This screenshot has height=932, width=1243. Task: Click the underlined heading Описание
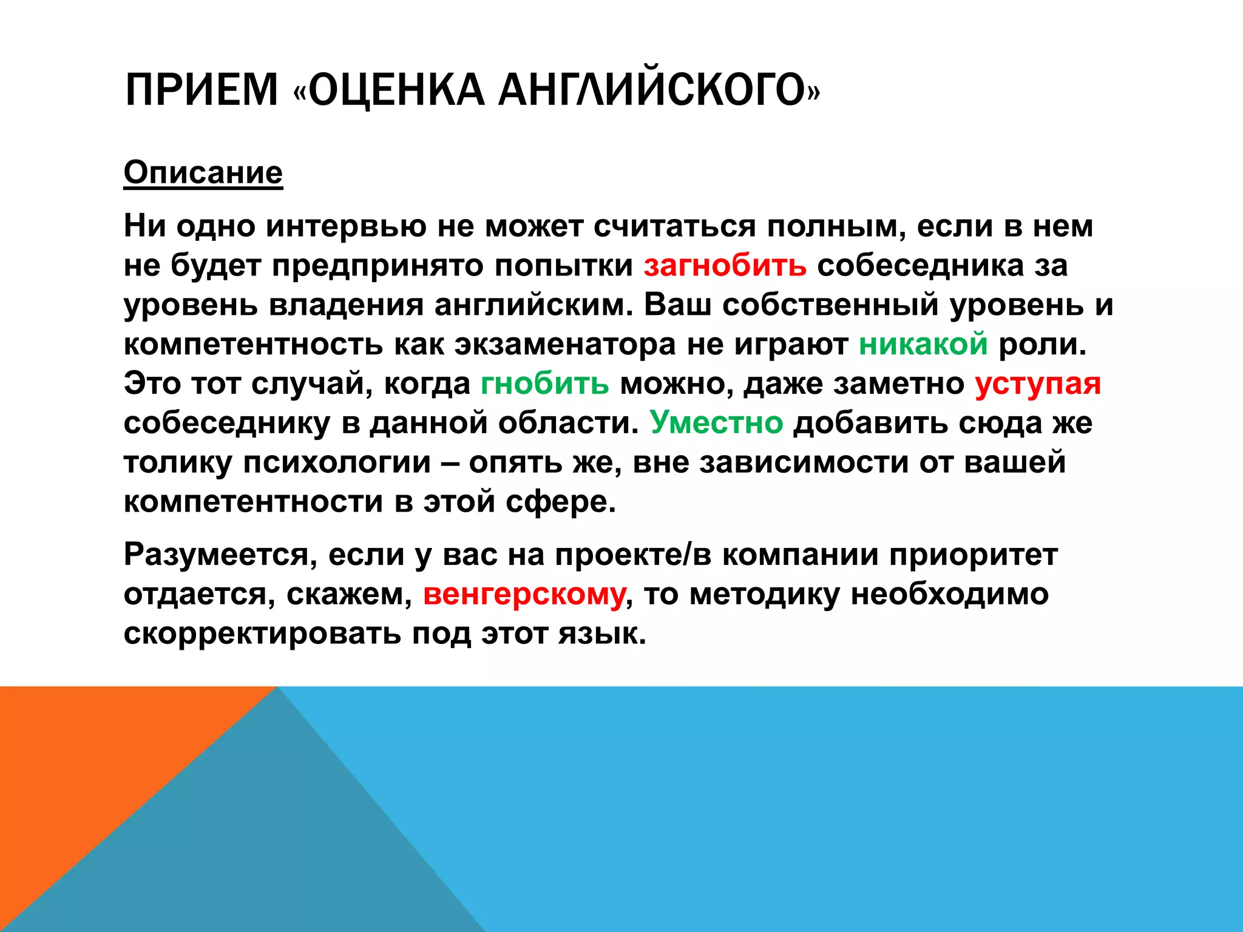tap(203, 173)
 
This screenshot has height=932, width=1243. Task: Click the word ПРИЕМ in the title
tap(201, 90)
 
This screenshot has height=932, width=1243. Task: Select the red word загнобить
tap(725, 266)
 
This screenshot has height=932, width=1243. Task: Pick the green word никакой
tap(923, 344)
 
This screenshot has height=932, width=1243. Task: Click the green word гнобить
tap(544, 383)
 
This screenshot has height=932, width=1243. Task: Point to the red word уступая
tap(1037, 383)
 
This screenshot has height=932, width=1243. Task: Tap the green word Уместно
tap(716, 422)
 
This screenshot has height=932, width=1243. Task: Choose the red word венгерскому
tap(524, 594)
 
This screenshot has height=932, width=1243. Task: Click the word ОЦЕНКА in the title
tap(397, 90)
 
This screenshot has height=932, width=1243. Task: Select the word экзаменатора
tap(565, 344)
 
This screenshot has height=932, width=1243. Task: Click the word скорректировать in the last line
tap(262, 633)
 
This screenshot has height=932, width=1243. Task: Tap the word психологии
tap(337, 462)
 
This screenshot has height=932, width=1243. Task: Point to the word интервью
tap(346, 226)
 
